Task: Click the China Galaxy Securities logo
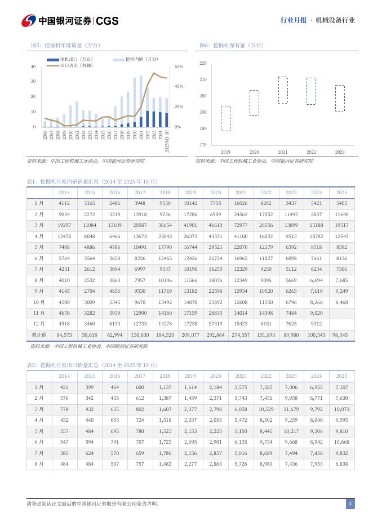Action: [70, 21]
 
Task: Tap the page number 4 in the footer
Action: [350, 504]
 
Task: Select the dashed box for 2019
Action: [225, 118]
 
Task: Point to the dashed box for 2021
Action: [283, 90]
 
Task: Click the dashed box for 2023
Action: [340, 98]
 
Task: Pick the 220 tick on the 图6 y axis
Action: [203, 64]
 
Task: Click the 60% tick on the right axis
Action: [178, 66]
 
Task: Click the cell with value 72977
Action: [241, 225]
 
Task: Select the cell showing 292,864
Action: [215, 334]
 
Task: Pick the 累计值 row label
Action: [39, 334]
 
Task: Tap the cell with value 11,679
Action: [291, 409]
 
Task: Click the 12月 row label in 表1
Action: [39, 323]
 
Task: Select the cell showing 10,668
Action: [341, 442]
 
